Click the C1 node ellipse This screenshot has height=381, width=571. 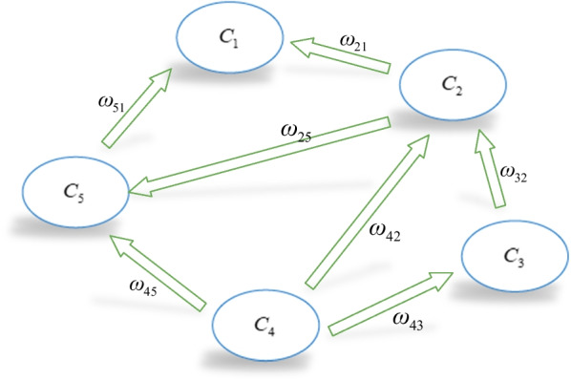[x=228, y=39]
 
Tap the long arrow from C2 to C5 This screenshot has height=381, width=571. [x=258, y=159]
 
